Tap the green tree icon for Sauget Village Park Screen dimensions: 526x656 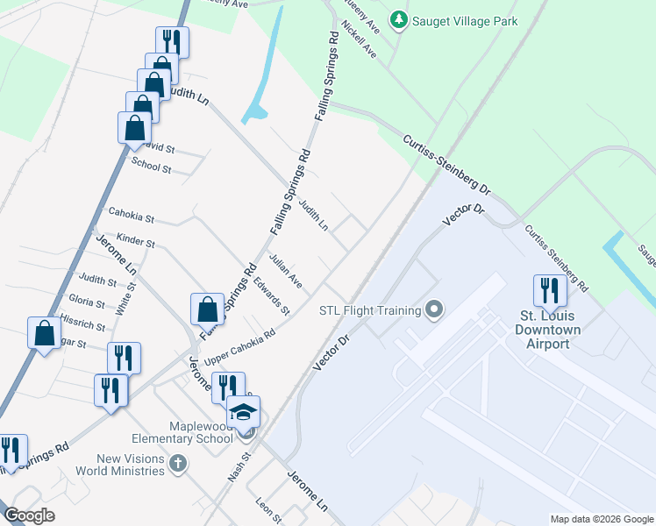[399, 18]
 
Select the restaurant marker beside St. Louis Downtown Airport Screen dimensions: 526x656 [550, 290]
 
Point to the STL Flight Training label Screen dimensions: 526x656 [369, 310]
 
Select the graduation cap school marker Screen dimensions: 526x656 [244, 412]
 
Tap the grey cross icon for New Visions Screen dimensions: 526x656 [178, 462]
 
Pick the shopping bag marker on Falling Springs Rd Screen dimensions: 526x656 [207, 309]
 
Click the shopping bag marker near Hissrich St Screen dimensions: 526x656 [44, 333]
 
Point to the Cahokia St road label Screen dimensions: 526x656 [131, 214]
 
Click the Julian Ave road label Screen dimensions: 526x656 [286, 271]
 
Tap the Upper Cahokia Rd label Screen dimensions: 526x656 [239, 347]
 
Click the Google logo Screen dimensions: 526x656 [30, 515]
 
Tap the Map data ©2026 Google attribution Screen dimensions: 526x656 [602, 519]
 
